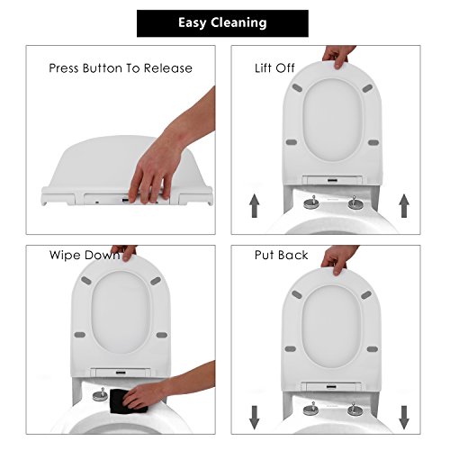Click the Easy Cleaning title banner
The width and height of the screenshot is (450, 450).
[222, 23]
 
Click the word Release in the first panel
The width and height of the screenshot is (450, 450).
[168, 68]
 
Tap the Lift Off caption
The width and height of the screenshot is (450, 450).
[274, 68]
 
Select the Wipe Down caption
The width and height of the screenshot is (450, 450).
[85, 255]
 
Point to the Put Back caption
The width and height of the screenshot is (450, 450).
[281, 255]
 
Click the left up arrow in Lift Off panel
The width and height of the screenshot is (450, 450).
[255, 205]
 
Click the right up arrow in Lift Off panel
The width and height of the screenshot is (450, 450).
[404, 205]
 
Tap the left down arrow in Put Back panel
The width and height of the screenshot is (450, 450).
[255, 418]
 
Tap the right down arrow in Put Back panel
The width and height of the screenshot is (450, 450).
[404, 418]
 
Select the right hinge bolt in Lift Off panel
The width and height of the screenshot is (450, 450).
[355, 202]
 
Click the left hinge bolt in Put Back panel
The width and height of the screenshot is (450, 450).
[311, 409]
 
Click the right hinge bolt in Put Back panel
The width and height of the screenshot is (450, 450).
[355, 409]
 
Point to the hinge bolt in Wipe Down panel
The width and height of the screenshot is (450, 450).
[101, 394]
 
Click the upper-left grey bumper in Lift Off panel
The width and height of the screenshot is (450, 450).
[297, 88]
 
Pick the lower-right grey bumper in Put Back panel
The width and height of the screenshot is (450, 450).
[373, 349]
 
